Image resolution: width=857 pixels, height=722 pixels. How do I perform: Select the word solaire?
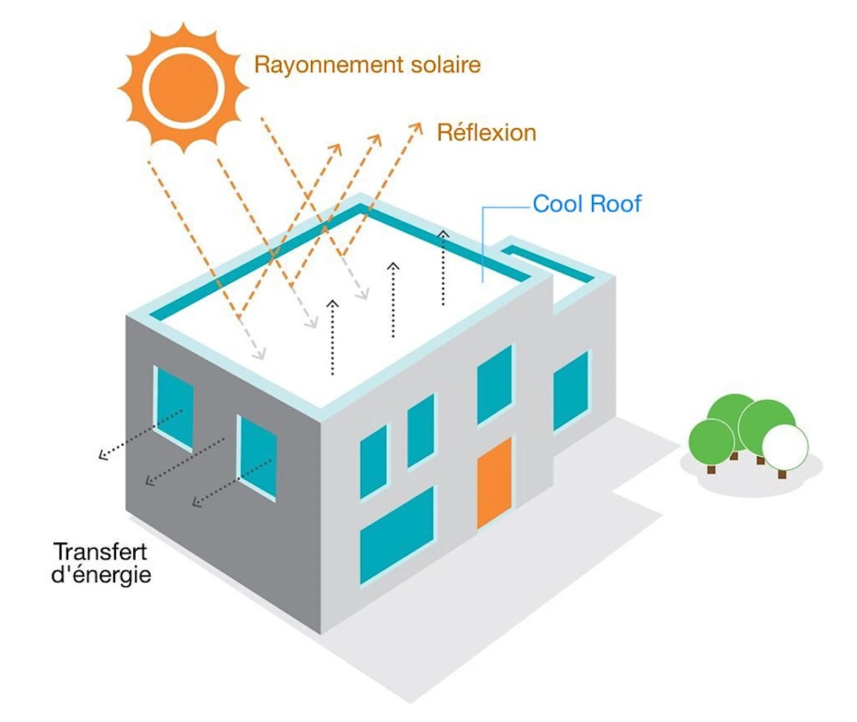click(445, 66)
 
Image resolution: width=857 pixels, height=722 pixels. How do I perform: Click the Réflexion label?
click(486, 132)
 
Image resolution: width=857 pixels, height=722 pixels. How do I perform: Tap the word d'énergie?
click(100, 573)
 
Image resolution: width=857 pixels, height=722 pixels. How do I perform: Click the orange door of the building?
click(494, 483)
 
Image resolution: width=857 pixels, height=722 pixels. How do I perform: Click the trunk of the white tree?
click(782, 473)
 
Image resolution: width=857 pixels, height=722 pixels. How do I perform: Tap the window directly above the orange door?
click(495, 384)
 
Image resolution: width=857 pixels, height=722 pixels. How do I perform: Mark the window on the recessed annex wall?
click(570, 390)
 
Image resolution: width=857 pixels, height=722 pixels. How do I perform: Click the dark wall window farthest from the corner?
click(173, 405)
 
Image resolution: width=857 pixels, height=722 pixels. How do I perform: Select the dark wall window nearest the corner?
click(257, 456)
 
